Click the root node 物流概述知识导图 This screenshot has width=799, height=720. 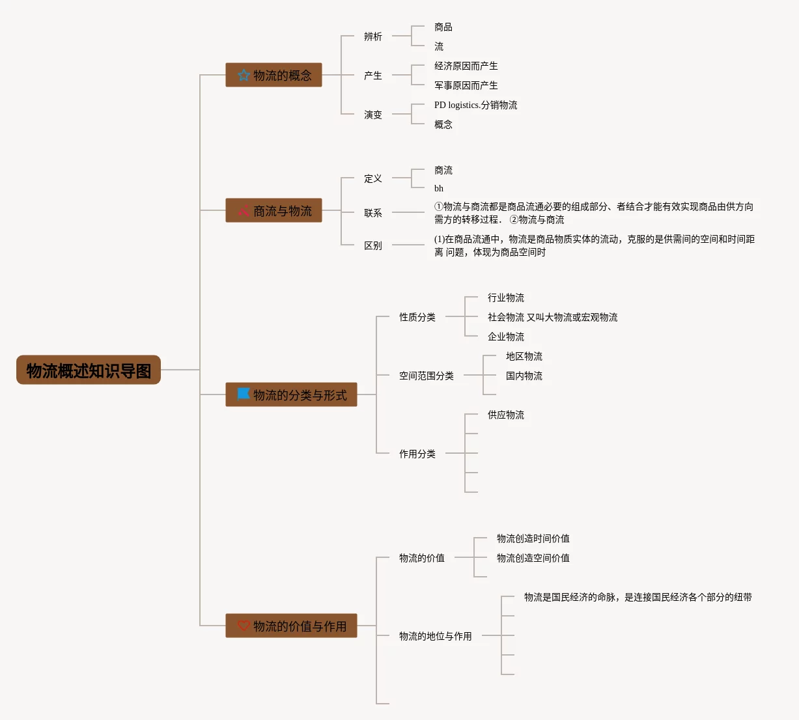89,370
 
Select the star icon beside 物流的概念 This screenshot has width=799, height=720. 244,76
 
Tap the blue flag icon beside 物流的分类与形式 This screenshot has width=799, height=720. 244,394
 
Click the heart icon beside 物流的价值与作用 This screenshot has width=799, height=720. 244,626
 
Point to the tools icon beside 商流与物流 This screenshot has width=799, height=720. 244,211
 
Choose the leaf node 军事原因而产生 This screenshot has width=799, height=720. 466,85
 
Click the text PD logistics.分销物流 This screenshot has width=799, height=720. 475,105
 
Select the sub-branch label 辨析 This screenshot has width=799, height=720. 372,36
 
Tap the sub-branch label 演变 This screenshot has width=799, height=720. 372,115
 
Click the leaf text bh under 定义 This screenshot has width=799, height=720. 439,188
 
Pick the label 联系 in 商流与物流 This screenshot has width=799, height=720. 372,213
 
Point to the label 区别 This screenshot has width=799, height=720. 372,245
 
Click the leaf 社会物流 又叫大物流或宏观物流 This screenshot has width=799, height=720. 552,317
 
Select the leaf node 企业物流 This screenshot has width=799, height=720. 505,337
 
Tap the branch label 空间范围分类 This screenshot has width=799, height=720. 426,376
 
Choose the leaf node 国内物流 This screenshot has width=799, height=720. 524,376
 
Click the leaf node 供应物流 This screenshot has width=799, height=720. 505,415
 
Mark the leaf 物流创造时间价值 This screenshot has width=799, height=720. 533,538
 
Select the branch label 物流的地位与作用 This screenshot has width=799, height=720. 435,636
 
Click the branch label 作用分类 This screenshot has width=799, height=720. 417,454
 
